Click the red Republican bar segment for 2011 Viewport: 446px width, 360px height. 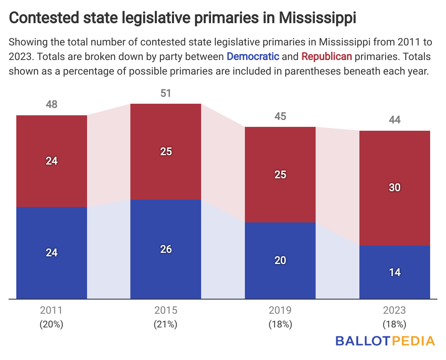51,141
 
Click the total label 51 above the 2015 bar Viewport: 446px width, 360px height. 166,93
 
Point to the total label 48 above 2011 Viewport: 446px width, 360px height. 51,105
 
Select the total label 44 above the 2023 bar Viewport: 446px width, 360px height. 395,120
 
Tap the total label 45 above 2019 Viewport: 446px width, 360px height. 280,116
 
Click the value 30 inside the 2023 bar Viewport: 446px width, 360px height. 395,187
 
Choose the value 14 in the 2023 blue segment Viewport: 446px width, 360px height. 395,272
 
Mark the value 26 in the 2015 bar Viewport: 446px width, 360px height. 166,249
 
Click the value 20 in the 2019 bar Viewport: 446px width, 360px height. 280,261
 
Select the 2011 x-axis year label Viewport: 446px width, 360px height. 51,310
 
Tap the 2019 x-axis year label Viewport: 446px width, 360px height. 280,310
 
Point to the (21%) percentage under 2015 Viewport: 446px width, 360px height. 166,324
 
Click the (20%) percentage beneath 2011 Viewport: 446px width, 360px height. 51,324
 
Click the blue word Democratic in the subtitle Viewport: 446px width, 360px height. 253,56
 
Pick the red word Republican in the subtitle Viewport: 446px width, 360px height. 327,56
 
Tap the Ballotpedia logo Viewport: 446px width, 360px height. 385,341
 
